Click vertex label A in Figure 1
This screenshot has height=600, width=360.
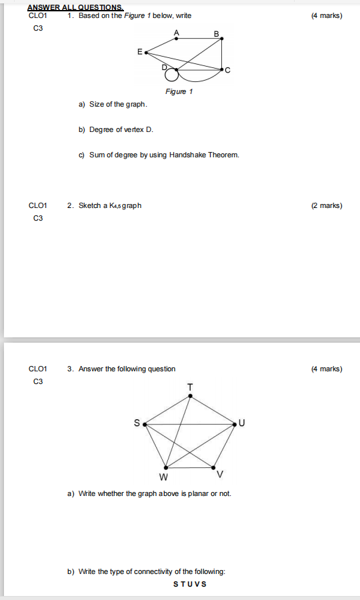click(x=177, y=32)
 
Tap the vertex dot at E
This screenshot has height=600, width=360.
click(x=145, y=51)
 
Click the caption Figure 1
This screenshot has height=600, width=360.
click(x=179, y=91)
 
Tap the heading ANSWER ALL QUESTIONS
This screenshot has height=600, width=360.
click(x=75, y=8)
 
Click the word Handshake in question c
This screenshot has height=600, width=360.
click(x=188, y=155)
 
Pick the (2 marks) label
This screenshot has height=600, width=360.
click(x=327, y=205)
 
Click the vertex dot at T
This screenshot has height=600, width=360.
click(x=190, y=396)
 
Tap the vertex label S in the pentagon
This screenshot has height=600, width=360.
click(x=137, y=423)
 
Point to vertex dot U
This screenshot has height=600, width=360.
click(x=235, y=423)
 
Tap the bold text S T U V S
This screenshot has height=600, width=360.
click(x=190, y=584)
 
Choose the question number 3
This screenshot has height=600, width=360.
click(x=70, y=369)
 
